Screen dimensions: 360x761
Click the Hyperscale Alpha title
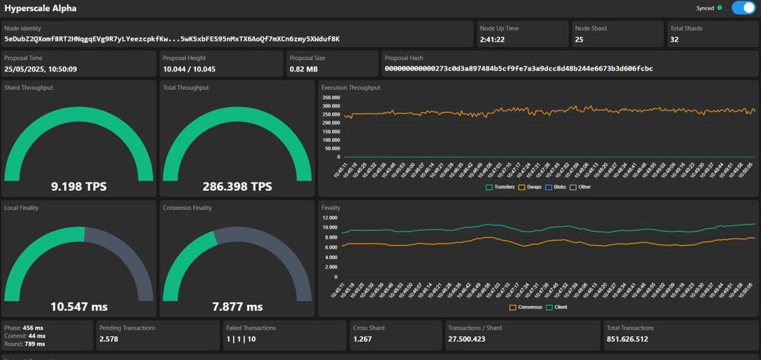pos(41,8)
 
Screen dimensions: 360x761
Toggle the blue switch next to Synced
pos(742,8)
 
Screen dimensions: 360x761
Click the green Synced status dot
pos(719,8)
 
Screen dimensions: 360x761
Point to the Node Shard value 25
pos(579,39)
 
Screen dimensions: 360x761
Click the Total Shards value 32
pos(675,39)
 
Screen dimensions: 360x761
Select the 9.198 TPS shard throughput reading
pos(79,186)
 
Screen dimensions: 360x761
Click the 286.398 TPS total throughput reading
pos(237,186)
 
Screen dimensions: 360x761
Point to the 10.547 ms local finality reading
pos(79,307)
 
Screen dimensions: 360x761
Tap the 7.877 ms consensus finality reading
pos(237,307)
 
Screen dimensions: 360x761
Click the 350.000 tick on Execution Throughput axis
pos(331,98)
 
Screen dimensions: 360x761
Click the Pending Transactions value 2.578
pos(108,339)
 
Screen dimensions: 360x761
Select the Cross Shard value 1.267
pos(363,339)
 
